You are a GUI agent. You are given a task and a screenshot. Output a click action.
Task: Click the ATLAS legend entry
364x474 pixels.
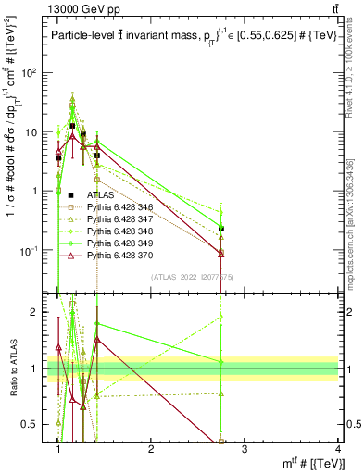(x=103, y=195)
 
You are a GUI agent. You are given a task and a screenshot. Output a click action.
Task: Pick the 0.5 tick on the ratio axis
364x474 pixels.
(x=34, y=424)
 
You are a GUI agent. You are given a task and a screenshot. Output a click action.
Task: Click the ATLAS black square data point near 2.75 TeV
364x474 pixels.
(x=221, y=229)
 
